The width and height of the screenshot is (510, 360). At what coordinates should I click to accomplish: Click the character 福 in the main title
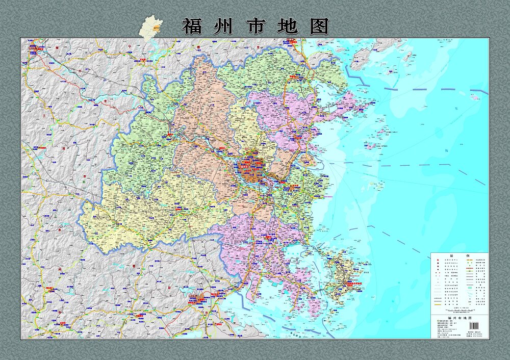[x=192, y=26]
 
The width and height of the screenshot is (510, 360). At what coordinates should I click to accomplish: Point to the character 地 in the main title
[x=288, y=26]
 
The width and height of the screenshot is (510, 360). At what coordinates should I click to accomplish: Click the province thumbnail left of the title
[x=151, y=26]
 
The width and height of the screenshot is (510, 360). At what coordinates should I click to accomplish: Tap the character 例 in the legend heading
[x=466, y=256]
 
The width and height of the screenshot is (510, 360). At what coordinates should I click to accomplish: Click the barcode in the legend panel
[x=474, y=325]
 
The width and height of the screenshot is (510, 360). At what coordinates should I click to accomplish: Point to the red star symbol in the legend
[x=437, y=261]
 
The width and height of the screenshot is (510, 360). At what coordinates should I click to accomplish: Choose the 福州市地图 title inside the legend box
[x=459, y=317]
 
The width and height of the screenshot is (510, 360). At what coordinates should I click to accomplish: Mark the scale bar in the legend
[x=459, y=307]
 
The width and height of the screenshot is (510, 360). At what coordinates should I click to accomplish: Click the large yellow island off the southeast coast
[x=342, y=278]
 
